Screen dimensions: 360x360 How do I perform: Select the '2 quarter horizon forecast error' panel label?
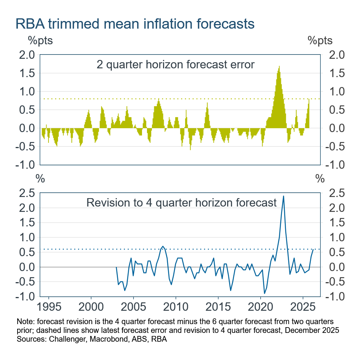click(x=175, y=64)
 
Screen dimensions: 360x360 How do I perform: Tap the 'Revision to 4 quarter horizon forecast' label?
click(x=181, y=202)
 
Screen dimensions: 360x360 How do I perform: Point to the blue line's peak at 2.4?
click(x=283, y=196)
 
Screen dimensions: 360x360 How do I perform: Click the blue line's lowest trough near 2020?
click(x=264, y=293)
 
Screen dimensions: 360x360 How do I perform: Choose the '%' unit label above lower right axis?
click(x=320, y=178)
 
